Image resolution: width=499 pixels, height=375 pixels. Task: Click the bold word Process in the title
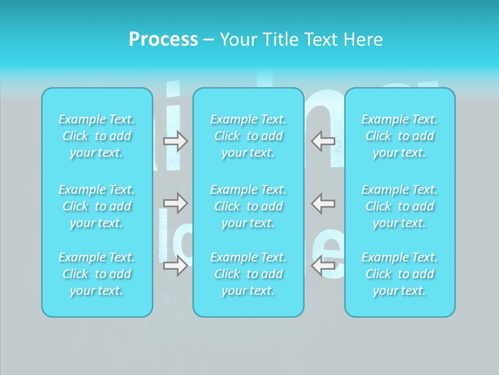(x=163, y=40)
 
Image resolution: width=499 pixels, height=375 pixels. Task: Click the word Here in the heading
(x=363, y=40)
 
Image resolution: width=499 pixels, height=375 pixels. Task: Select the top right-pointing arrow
(x=175, y=141)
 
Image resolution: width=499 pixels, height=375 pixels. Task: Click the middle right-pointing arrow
(x=175, y=203)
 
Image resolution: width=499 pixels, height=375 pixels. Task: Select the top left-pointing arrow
(x=323, y=141)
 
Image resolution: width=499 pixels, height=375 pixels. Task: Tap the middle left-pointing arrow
(x=323, y=203)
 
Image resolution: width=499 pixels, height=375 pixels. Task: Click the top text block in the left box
(x=97, y=136)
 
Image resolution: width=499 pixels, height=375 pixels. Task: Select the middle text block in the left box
(x=97, y=206)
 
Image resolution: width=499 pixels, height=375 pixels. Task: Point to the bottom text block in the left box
(x=97, y=274)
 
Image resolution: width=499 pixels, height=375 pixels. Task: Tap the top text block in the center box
(x=248, y=136)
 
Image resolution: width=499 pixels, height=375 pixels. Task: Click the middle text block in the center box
(x=248, y=206)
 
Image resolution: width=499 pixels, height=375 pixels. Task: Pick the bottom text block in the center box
(x=248, y=274)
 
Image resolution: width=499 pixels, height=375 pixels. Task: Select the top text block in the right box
(x=400, y=136)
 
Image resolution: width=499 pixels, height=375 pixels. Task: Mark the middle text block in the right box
(x=400, y=206)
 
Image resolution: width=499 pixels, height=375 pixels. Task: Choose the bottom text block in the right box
(x=400, y=274)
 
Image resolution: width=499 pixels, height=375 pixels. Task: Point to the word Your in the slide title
(x=237, y=40)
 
